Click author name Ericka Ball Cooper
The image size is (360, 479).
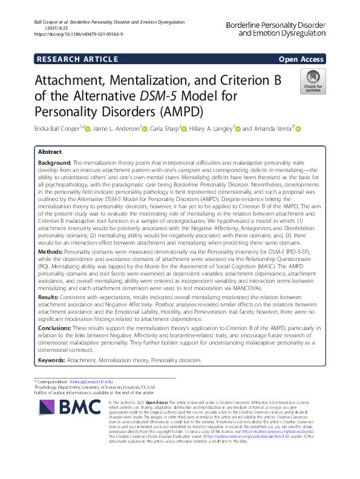[x=57, y=128]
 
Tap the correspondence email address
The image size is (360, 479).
[x=93, y=383]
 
